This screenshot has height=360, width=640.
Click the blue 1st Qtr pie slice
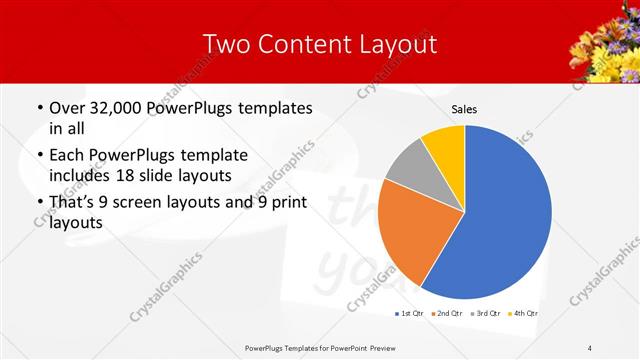click(x=505, y=215)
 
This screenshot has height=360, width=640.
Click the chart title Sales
click(x=464, y=108)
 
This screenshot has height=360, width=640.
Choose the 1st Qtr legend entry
click(x=409, y=314)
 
